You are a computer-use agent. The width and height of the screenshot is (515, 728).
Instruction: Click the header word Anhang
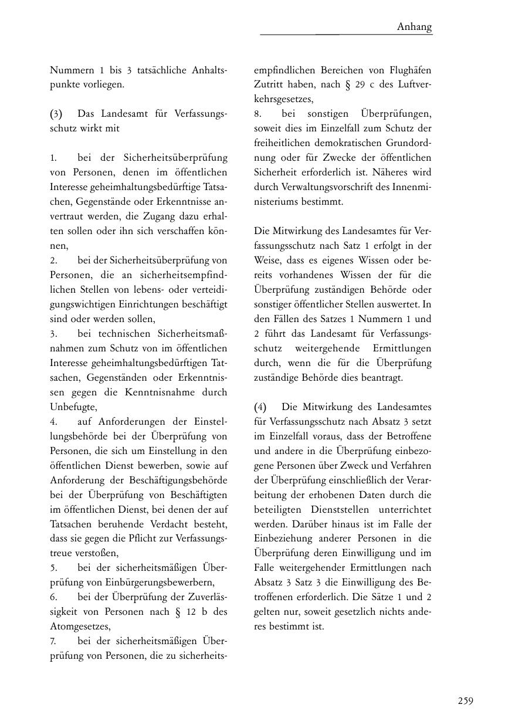click(414, 26)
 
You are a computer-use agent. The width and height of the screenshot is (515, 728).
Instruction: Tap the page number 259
click(465, 700)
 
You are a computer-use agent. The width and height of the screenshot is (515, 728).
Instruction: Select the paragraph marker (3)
click(56, 114)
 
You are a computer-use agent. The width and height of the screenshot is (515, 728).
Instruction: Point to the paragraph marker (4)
click(260, 407)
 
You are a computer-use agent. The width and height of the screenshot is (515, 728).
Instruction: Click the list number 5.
click(53, 568)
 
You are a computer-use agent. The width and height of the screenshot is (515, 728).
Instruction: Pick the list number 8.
click(257, 114)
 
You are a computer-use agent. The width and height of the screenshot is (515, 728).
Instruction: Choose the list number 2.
click(53, 260)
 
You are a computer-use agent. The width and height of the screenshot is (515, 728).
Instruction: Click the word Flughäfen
click(409, 70)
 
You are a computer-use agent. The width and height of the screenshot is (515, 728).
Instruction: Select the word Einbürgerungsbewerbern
click(162, 583)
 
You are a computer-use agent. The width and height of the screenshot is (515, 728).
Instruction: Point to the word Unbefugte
click(73, 407)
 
